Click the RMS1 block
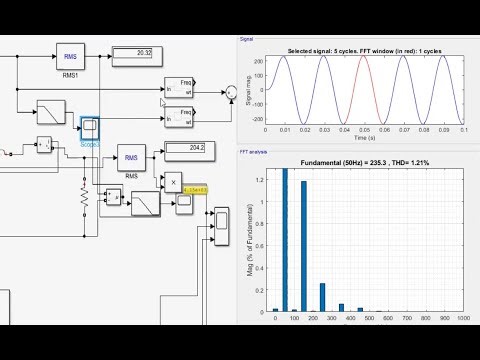tap(69, 58)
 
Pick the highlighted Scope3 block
tap(88, 128)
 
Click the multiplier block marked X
tap(173, 182)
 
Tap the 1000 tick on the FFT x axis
tap(462, 318)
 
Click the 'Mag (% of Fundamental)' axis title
tap(250, 243)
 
